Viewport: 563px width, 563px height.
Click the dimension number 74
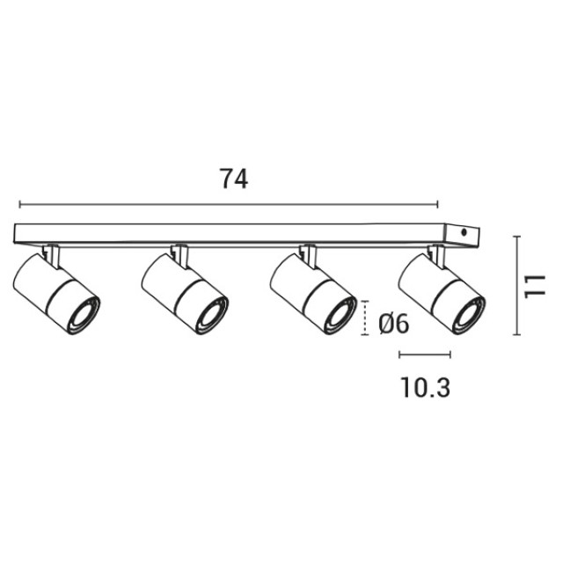(234, 179)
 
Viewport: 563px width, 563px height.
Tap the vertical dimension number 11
(535, 286)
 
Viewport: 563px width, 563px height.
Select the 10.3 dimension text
(425, 387)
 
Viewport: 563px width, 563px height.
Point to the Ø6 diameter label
(393, 325)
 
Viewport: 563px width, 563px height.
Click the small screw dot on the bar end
(464, 232)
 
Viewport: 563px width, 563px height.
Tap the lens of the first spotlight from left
(82, 315)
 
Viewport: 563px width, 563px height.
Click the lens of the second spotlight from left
(210, 315)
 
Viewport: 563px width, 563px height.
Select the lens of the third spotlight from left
(339, 315)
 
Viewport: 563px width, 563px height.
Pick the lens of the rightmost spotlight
(467, 315)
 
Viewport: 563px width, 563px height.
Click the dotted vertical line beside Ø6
(365, 318)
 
